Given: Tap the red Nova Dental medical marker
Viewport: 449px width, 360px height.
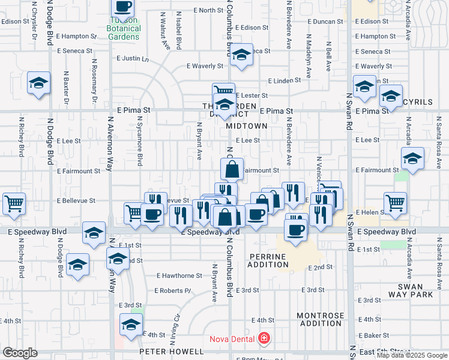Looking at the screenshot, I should click(262, 339).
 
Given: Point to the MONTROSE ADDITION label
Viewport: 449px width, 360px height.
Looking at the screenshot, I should click(321, 319).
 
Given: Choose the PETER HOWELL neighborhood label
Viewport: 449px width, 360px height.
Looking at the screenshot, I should click(172, 351).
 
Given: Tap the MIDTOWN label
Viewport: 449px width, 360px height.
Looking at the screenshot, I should click(247, 126).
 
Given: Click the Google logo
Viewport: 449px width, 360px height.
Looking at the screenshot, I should click(20, 353).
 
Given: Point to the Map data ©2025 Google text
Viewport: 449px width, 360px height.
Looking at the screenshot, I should click(412, 355).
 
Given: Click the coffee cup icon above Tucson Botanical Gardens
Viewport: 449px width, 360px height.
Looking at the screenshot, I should click(123, 7).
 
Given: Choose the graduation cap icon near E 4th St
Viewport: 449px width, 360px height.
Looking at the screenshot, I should click(131, 325).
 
